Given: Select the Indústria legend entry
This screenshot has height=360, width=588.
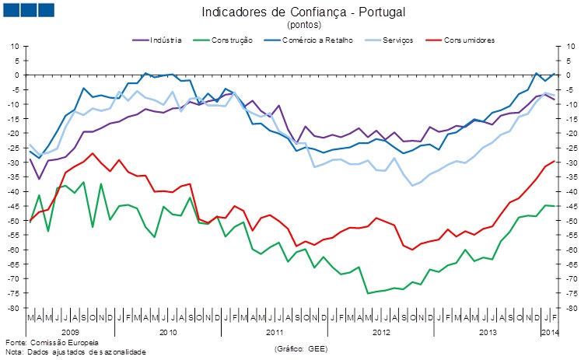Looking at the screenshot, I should pos(161,39).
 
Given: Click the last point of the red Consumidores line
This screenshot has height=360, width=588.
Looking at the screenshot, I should pos(553,162).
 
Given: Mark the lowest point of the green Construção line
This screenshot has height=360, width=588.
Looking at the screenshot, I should pos(368,293).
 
